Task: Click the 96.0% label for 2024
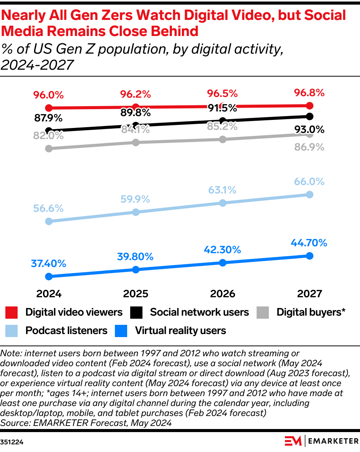pos(48,95)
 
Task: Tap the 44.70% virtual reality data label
pos(309,243)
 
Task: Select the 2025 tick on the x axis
pos(136,294)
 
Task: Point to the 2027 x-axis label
pos(309,294)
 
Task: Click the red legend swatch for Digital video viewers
pos(12,312)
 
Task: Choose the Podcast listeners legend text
pos(66,331)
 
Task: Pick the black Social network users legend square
pos(136,312)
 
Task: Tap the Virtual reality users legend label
pos(180,331)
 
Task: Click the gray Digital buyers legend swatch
pos(263,312)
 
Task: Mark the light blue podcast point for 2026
pos(223,203)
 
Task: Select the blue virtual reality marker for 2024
pos(49,276)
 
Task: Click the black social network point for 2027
pos(309,116)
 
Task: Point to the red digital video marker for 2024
pos(49,108)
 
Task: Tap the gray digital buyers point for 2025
pos(136,142)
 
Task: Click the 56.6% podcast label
pos(48,208)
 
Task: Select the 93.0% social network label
pos(309,130)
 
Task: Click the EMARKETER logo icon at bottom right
pos(293,441)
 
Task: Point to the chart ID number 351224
pos(12,442)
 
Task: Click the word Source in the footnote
pos(13,423)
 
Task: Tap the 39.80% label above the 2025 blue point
pos(136,257)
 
